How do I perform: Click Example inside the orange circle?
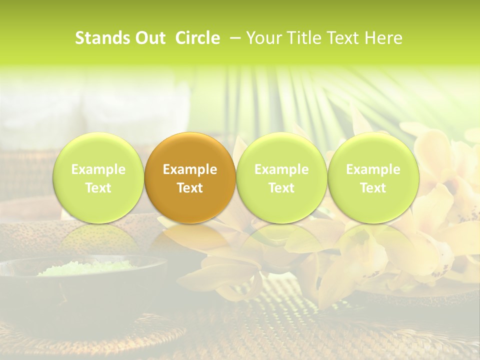[x=190, y=169]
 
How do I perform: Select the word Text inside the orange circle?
[x=190, y=188]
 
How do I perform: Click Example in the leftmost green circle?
[x=98, y=169]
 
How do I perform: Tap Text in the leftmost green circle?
[x=98, y=188]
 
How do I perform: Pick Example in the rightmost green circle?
[x=373, y=169]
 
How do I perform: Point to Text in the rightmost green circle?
[x=373, y=188]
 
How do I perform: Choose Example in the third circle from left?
[x=281, y=169]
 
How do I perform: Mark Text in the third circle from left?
[x=281, y=188]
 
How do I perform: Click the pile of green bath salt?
[x=85, y=268]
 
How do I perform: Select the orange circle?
[x=190, y=150]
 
